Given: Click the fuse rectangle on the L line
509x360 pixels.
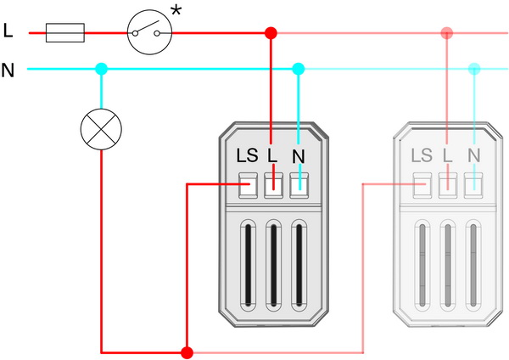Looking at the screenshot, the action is (65, 33).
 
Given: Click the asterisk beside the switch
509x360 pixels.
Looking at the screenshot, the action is (176, 11).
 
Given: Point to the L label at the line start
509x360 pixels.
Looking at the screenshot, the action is (8, 31).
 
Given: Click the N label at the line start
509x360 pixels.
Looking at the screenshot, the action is (8, 70).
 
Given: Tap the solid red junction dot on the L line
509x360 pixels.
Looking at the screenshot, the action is (271, 33).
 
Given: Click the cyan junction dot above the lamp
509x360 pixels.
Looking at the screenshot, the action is (101, 69).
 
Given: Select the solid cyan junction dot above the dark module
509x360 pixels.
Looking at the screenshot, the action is (299, 69).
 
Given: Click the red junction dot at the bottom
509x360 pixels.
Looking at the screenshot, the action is (187, 352).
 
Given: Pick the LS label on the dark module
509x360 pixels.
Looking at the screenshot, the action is (247, 155).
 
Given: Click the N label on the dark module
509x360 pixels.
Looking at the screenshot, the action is (299, 156).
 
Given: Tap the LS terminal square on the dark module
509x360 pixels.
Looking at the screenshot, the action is (248, 185).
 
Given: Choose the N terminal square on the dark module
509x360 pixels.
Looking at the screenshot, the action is (299, 185).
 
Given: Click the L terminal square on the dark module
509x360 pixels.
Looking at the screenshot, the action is (274, 185).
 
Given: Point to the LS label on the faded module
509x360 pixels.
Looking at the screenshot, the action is (422, 155).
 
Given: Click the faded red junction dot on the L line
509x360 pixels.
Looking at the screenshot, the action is (447, 33).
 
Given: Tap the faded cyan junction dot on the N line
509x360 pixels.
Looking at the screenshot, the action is (474, 69).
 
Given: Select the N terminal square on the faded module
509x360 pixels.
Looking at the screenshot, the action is (473, 185).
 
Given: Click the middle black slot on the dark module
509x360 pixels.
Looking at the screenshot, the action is (274, 265).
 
